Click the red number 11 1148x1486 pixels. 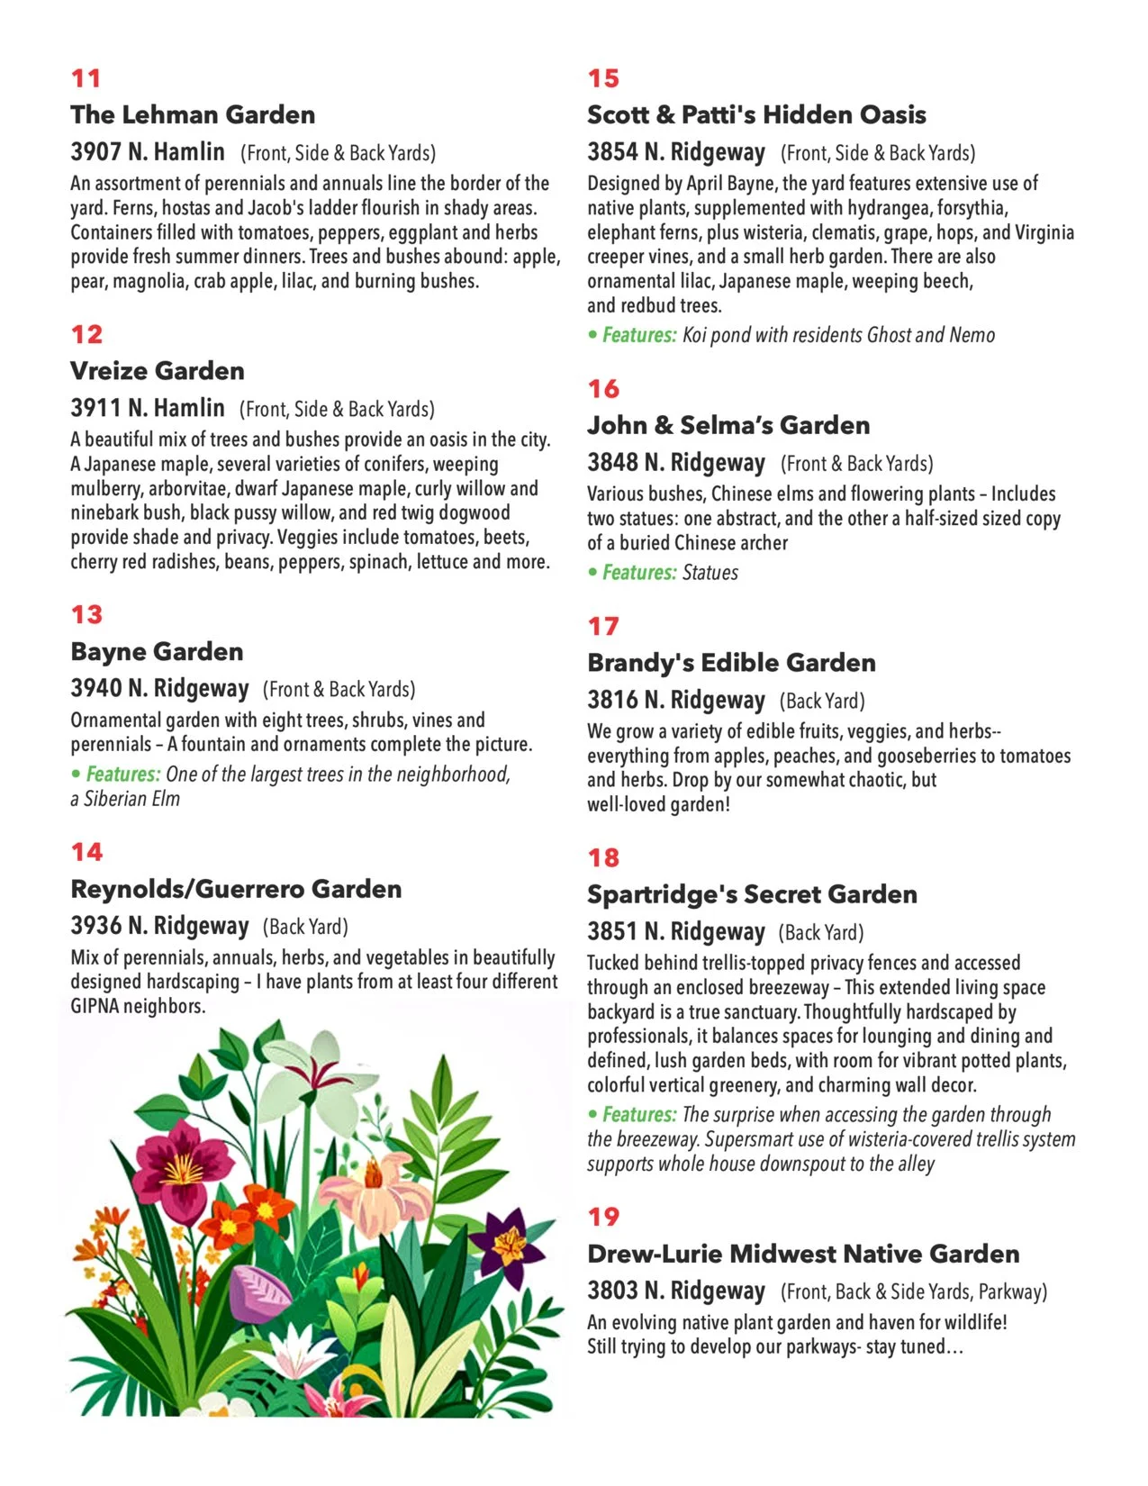(86, 78)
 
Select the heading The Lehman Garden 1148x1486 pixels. (193, 114)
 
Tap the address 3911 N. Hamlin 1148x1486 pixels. (148, 408)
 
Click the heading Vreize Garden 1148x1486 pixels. (158, 370)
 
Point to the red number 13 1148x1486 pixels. (86, 614)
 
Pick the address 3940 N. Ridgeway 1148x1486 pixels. (159, 688)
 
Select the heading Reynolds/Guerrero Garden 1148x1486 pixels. (236, 889)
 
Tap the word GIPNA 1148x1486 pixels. (95, 1006)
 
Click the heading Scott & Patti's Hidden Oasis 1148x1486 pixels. (756, 114)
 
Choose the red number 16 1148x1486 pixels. (603, 388)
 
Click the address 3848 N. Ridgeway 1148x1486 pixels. (676, 462)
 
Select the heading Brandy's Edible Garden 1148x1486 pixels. (731, 662)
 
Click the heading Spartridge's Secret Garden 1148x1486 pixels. (752, 893)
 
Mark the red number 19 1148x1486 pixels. (603, 1217)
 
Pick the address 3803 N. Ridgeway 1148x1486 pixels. (676, 1290)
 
